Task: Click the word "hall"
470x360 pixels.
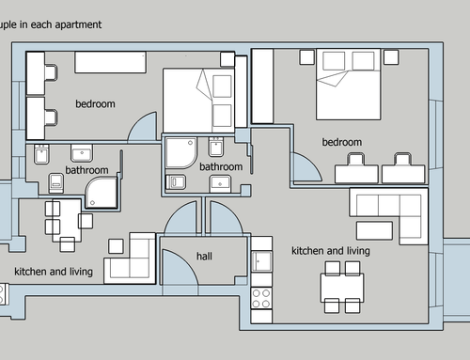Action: point(204,257)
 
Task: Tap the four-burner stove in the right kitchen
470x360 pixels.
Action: point(261,298)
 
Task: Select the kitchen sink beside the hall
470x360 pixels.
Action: point(261,261)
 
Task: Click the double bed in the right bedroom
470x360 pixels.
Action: point(349,84)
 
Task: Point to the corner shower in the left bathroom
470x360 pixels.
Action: point(101,192)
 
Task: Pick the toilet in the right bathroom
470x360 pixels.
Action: point(176,181)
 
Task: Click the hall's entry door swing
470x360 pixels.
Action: point(180,267)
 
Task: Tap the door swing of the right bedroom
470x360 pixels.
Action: point(306,167)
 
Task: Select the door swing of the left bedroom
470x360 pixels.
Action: point(143,127)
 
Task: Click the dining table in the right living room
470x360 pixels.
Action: point(342,288)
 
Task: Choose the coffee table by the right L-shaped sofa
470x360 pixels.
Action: point(374,230)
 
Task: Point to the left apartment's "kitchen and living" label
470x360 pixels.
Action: point(54,272)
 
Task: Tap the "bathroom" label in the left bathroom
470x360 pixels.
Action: point(86,170)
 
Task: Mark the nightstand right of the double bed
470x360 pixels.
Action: point(391,57)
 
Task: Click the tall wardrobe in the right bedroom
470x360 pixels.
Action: point(262,86)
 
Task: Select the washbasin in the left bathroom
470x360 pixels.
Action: point(82,153)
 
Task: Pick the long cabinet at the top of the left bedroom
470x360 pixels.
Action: point(110,62)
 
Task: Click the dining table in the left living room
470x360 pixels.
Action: point(67,221)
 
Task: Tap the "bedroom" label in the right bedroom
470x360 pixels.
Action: point(342,142)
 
